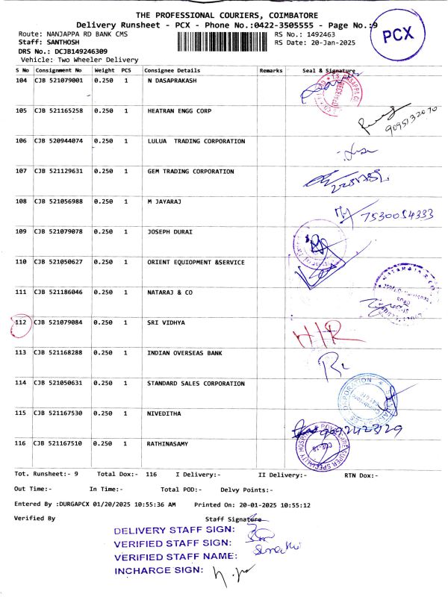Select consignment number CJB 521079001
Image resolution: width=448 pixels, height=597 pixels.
click(59, 80)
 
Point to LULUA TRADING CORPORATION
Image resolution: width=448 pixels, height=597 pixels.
click(196, 141)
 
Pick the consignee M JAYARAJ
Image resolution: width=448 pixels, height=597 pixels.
click(165, 201)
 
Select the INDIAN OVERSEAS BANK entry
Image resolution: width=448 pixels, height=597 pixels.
click(186, 353)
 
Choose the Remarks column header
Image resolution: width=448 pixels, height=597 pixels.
click(270, 69)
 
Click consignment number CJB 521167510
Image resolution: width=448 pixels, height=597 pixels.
click(59, 443)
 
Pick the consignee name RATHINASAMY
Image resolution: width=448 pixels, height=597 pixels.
click(168, 443)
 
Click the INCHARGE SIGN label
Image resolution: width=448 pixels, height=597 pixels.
click(158, 571)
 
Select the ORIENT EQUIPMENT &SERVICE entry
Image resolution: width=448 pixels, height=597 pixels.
click(196, 262)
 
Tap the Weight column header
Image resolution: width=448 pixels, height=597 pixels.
click(105, 69)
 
